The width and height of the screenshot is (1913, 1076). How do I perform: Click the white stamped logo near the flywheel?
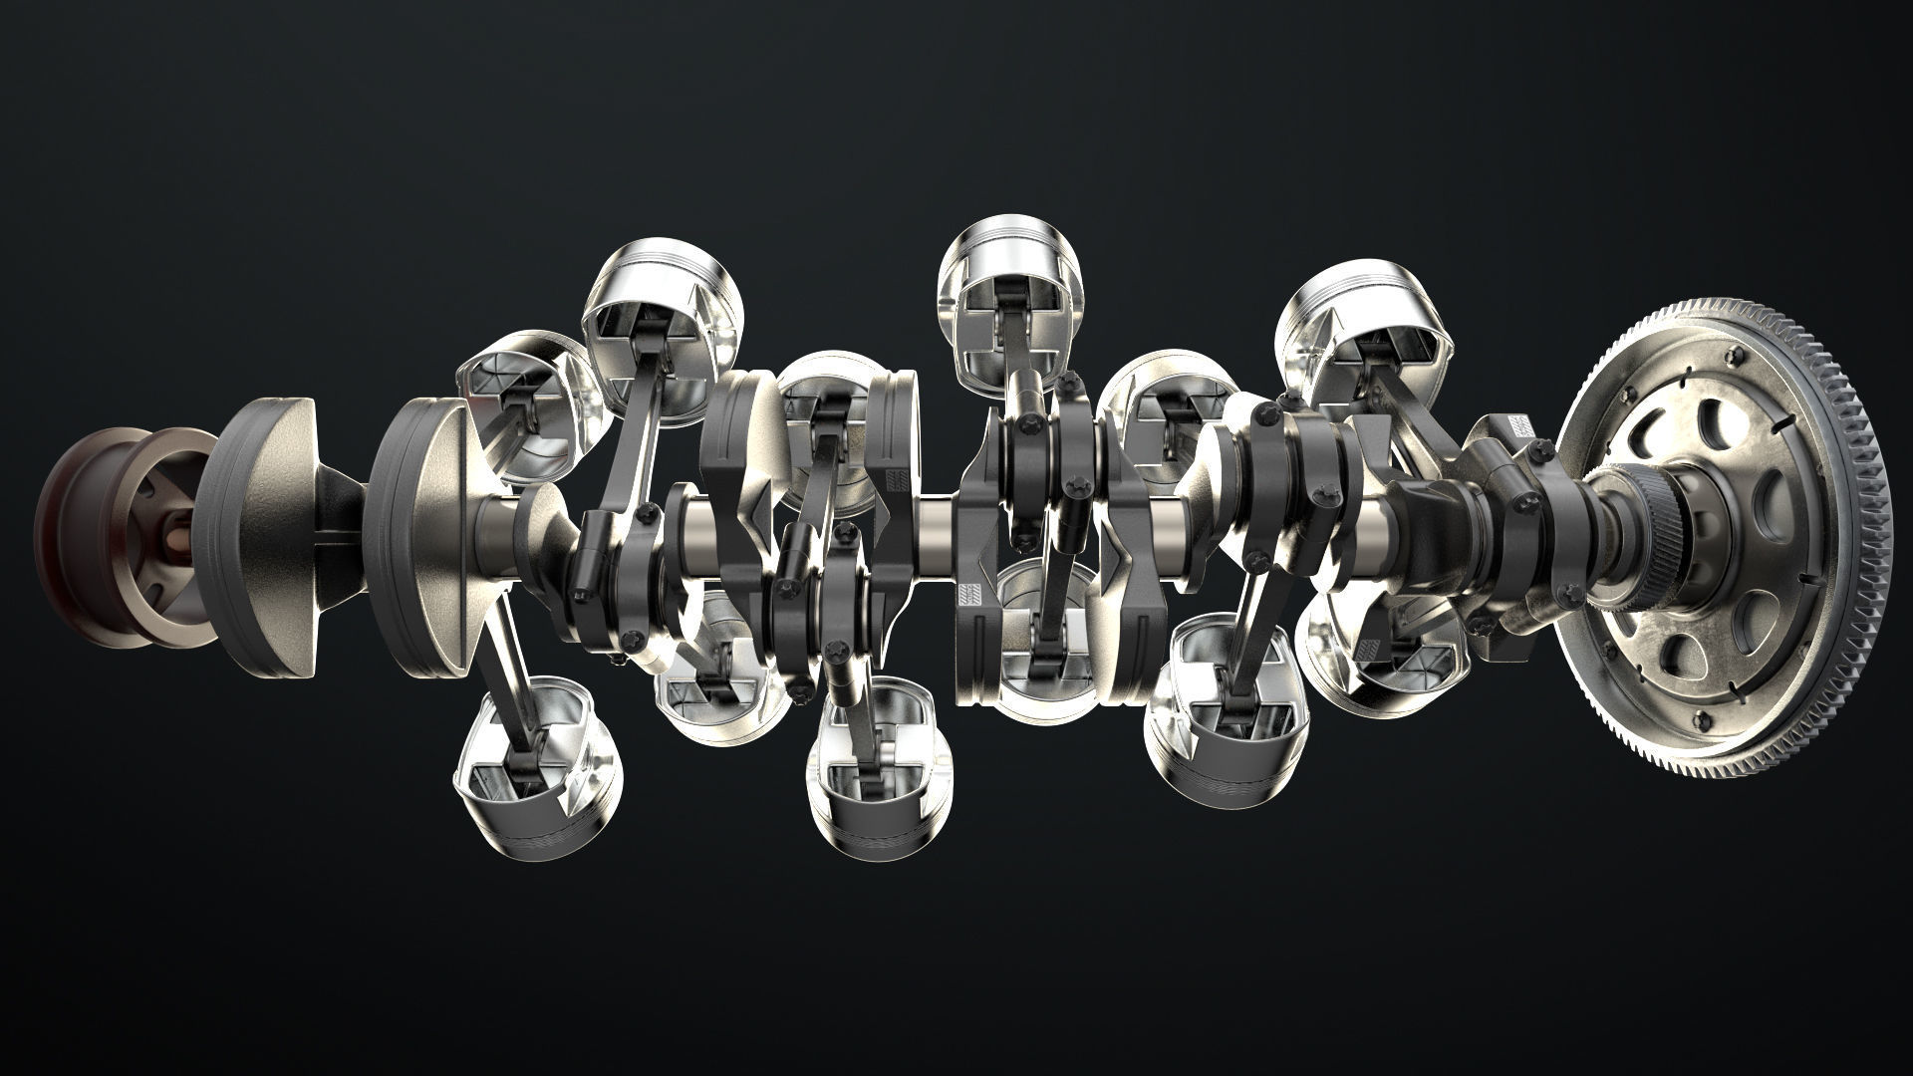point(1525,425)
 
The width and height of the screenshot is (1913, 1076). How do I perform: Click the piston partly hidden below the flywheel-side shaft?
point(1395,648)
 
